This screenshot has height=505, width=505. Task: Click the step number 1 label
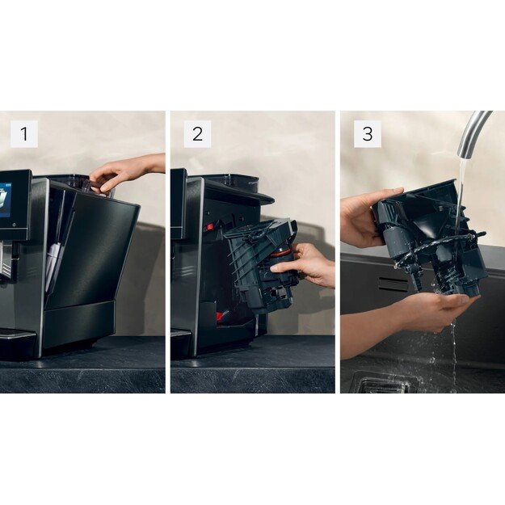23,134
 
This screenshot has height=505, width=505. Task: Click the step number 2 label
197,134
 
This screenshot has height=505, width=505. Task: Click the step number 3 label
368,134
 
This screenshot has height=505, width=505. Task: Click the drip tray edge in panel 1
16,335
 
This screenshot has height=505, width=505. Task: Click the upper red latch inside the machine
208,227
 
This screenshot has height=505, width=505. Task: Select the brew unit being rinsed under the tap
428,234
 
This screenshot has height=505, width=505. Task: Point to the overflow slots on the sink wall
393,283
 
